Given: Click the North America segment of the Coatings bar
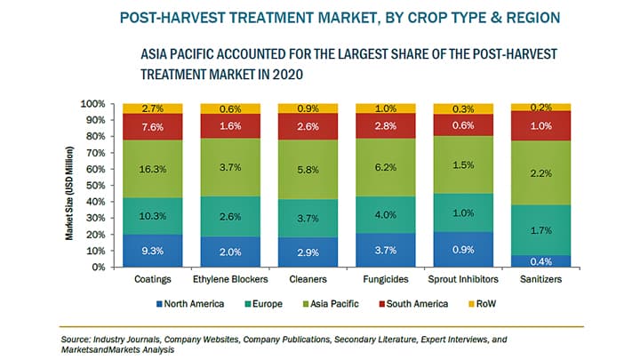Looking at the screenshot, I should click(x=153, y=251).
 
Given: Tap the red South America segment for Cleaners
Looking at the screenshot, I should click(x=308, y=127).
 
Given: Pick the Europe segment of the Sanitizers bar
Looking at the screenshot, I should click(x=540, y=230).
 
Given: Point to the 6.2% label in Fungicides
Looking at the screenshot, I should click(x=386, y=165).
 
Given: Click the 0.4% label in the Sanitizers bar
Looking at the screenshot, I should click(x=540, y=260).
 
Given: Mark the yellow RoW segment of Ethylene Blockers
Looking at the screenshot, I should click(x=230, y=108).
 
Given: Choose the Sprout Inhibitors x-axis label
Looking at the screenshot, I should click(x=463, y=280).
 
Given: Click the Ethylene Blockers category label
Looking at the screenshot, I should click(x=230, y=280).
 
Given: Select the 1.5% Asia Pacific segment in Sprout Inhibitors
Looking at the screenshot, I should click(x=463, y=165).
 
